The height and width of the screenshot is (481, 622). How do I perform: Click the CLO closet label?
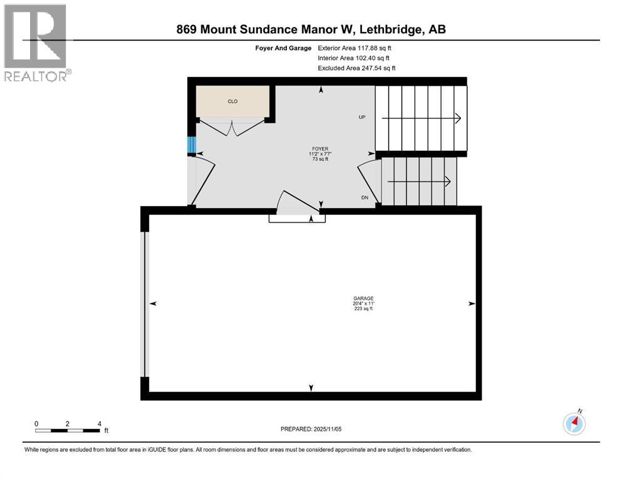[x=232, y=101]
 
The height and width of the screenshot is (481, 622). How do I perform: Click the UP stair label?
[x=362, y=117]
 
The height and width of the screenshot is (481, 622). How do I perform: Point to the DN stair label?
[x=364, y=197]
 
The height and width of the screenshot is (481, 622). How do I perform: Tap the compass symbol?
[x=574, y=423]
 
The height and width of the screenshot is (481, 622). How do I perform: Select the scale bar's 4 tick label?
[x=99, y=423]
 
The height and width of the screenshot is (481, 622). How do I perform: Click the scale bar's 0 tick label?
[x=36, y=423]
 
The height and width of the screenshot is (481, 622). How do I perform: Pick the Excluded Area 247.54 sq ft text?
[x=356, y=68]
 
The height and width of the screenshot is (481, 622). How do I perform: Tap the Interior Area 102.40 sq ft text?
[x=353, y=58]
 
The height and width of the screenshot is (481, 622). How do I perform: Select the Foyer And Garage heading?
[x=284, y=48]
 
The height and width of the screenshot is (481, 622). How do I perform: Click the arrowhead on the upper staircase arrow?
[x=459, y=118]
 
